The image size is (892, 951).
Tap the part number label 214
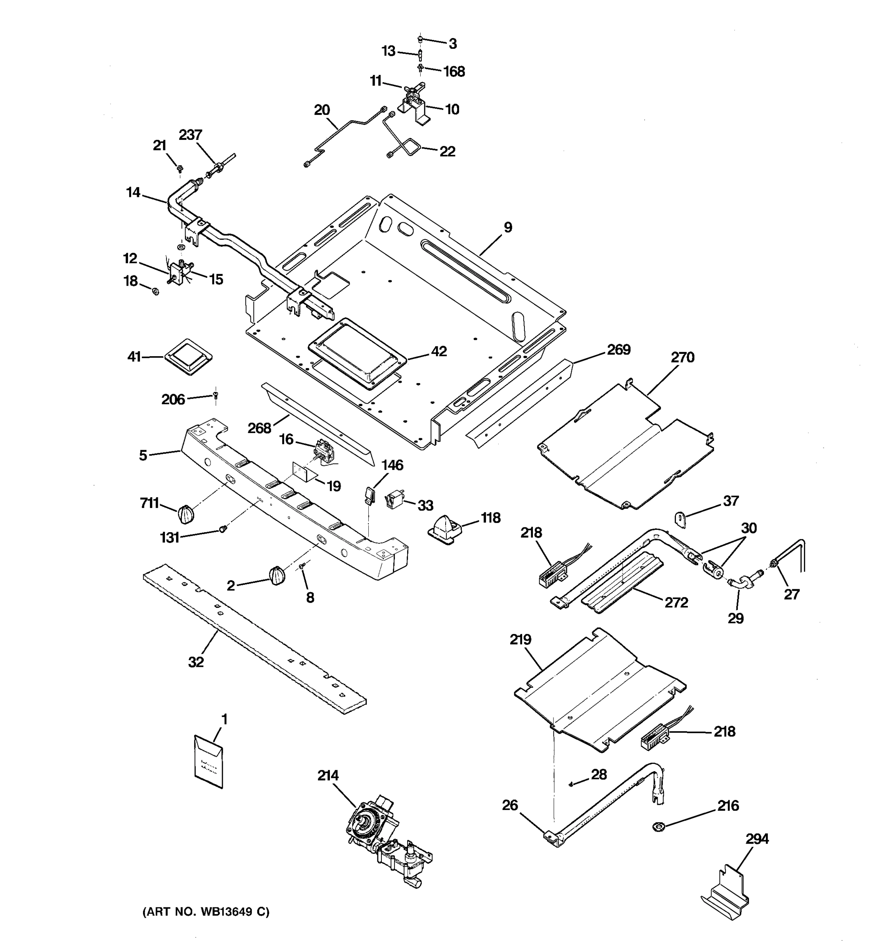coord(328,775)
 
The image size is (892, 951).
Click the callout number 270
coord(682,357)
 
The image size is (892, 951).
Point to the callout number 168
coord(454,72)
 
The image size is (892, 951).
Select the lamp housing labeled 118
coord(444,529)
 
